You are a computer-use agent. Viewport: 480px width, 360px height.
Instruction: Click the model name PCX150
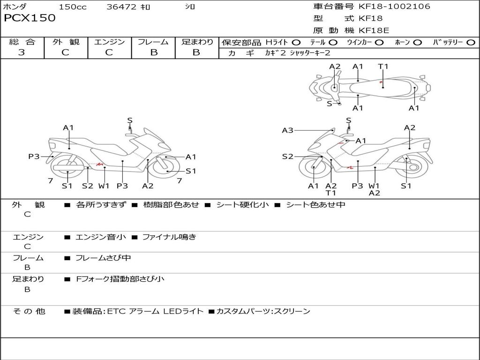tap(30, 18)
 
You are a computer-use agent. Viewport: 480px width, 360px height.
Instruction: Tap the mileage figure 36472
tap(121, 7)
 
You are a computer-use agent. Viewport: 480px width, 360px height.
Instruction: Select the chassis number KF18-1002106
tap(394, 7)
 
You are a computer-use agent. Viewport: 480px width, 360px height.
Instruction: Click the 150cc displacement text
tap(73, 7)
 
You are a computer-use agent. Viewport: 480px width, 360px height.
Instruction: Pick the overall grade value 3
tap(22, 52)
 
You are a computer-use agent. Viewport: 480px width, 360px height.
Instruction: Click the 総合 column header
tap(22, 42)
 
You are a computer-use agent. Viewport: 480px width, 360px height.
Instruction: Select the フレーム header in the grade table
tap(153, 42)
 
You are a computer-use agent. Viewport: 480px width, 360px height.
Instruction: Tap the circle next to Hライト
tap(296, 43)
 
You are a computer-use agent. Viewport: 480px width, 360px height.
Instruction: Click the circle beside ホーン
tap(417, 43)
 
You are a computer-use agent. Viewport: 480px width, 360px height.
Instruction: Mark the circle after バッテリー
tap(471, 43)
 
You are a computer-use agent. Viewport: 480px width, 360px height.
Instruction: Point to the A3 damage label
tap(287, 130)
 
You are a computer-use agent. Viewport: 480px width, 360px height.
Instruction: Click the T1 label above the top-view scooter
tap(383, 67)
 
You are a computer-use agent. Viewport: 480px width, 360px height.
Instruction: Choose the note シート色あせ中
tap(315, 205)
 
